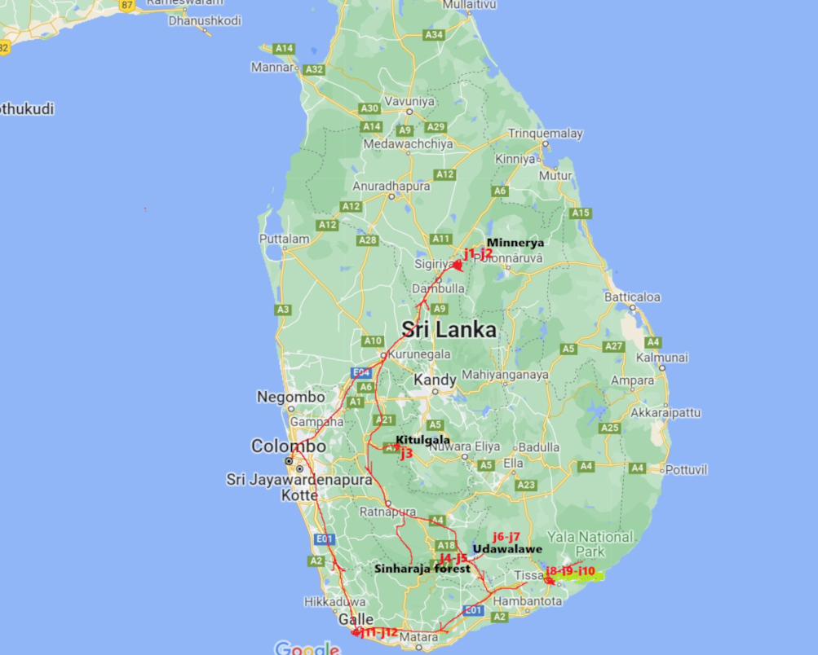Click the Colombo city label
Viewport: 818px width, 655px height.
point(288,446)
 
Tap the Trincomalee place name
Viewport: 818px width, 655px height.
point(546,134)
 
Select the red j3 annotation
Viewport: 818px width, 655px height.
point(406,454)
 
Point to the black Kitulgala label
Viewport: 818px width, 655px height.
point(422,440)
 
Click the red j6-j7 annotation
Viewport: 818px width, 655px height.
point(506,536)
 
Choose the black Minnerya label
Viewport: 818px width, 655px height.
point(515,242)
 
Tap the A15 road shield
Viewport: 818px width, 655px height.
point(580,213)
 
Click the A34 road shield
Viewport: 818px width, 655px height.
point(434,34)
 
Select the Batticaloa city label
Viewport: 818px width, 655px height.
point(632,297)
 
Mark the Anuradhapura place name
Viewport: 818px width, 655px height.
point(391,186)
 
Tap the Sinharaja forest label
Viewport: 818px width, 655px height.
point(422,569)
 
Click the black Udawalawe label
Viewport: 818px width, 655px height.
point(506,549)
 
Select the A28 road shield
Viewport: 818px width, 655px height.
point(367,240)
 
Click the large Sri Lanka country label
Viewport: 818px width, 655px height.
point(449,330)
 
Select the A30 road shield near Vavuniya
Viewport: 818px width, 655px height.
point(369,108)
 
